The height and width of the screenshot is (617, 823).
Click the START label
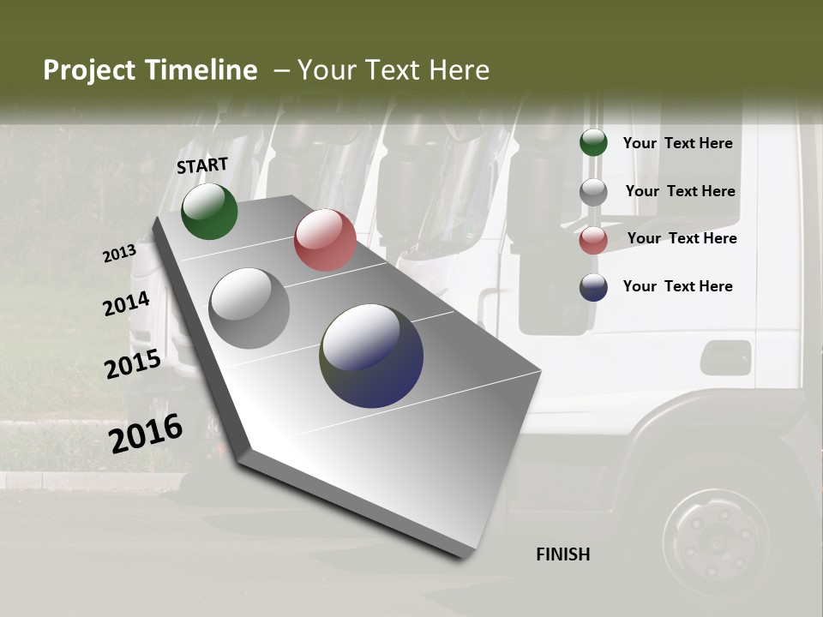[x=202, y=165]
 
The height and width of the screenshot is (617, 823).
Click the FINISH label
[x=563, y=554]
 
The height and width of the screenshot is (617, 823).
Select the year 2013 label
[x=120, y=254]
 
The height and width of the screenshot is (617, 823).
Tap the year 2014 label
[x=126, y=304]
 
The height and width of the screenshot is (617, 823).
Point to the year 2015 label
[x=133, y=364]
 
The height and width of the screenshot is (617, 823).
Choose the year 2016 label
[x=146, y=433]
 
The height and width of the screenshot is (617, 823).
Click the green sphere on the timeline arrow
[x=209, y=211]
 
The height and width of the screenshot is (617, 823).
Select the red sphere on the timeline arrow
[x=325, y=240]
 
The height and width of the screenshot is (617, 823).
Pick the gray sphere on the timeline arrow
[x=249, y=308]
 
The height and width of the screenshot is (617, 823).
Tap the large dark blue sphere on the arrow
[x=371, y=356]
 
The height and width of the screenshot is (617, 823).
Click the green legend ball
[x=593, y=143]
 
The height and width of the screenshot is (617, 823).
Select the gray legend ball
[x=593, y=192]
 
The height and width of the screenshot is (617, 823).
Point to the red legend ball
[x=593, y=240]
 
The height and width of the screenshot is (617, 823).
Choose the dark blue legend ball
[x=593, y=287]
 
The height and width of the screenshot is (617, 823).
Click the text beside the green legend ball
[x=677, y=143]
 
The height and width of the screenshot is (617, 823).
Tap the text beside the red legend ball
[x=682, y=238]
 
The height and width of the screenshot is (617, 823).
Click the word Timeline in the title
[x=201, y=70]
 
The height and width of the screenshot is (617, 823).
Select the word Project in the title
[x=89, y=70]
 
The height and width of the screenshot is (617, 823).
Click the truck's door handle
[x=725, y=355]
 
